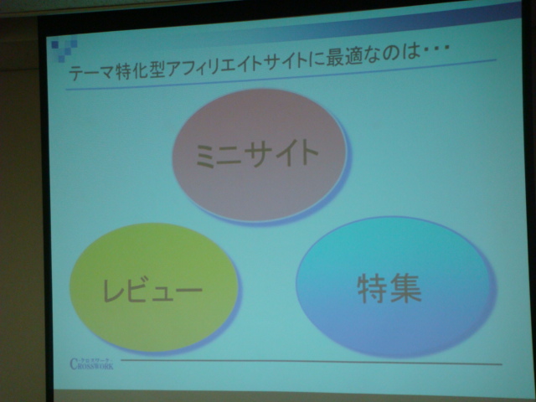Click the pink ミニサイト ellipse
tap(259, 155)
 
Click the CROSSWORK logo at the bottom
tap(93, 363)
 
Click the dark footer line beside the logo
tap(310, 363)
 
